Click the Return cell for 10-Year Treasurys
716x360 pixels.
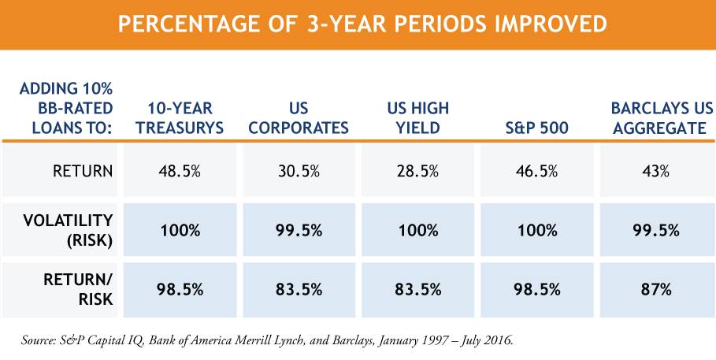[179, 170]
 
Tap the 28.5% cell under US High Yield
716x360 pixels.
[418, 170]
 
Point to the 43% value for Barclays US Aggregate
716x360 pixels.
[655, 170]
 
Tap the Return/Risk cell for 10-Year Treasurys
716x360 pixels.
[179, 288]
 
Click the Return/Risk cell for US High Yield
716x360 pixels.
[418, 288]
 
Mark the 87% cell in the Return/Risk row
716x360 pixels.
[655, 288]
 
